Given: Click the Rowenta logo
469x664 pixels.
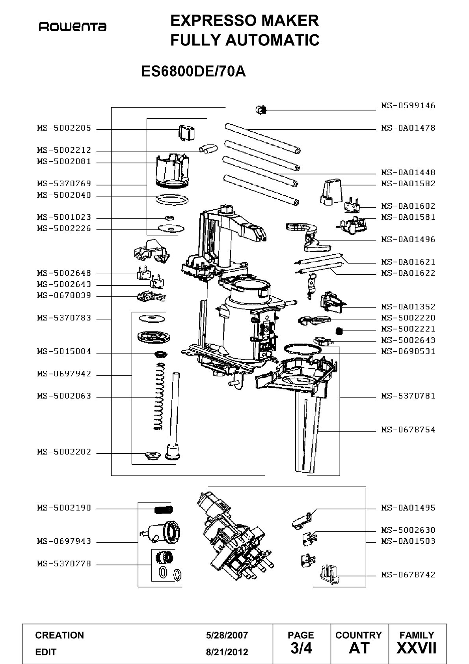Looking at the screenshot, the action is click(x=73, y=27).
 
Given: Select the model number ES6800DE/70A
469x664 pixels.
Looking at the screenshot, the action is click(x=194, y=71).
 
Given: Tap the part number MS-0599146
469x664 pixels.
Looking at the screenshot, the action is click(x=408, y=105).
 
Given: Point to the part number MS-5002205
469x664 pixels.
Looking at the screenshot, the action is click(x=64, y=128).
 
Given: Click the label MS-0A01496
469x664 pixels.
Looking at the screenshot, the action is click(x=408, y=239).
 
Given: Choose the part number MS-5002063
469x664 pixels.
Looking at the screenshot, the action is click(x=64, y=396).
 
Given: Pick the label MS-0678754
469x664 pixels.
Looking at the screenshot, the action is click(x=408, y=430).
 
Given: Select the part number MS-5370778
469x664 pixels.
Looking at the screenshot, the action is click(x=64, y=563).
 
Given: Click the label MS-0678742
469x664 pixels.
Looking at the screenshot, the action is click(x=408, y=574).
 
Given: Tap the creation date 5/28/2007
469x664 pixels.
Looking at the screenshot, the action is click(x=227, y=635).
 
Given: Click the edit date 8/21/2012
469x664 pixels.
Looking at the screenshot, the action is click(x=227, y=652).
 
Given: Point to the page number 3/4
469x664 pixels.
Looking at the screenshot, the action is click(x=301, y=648).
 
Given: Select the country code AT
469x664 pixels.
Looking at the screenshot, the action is click(x=359, y=648).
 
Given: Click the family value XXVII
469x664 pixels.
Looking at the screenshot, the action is click(x=417, y=648).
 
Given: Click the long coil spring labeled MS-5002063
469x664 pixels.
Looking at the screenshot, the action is click(x=159, y=397).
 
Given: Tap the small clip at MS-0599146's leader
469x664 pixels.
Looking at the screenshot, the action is click(x=261, y=110).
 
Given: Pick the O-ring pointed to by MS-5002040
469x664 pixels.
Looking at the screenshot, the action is click(x=172, y=200).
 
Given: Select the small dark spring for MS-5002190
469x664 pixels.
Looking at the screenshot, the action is click(x=164, y=510).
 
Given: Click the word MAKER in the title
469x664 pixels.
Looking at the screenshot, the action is click(x=290, y=21).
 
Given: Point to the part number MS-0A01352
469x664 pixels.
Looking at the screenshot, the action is click(x=408, y=307).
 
